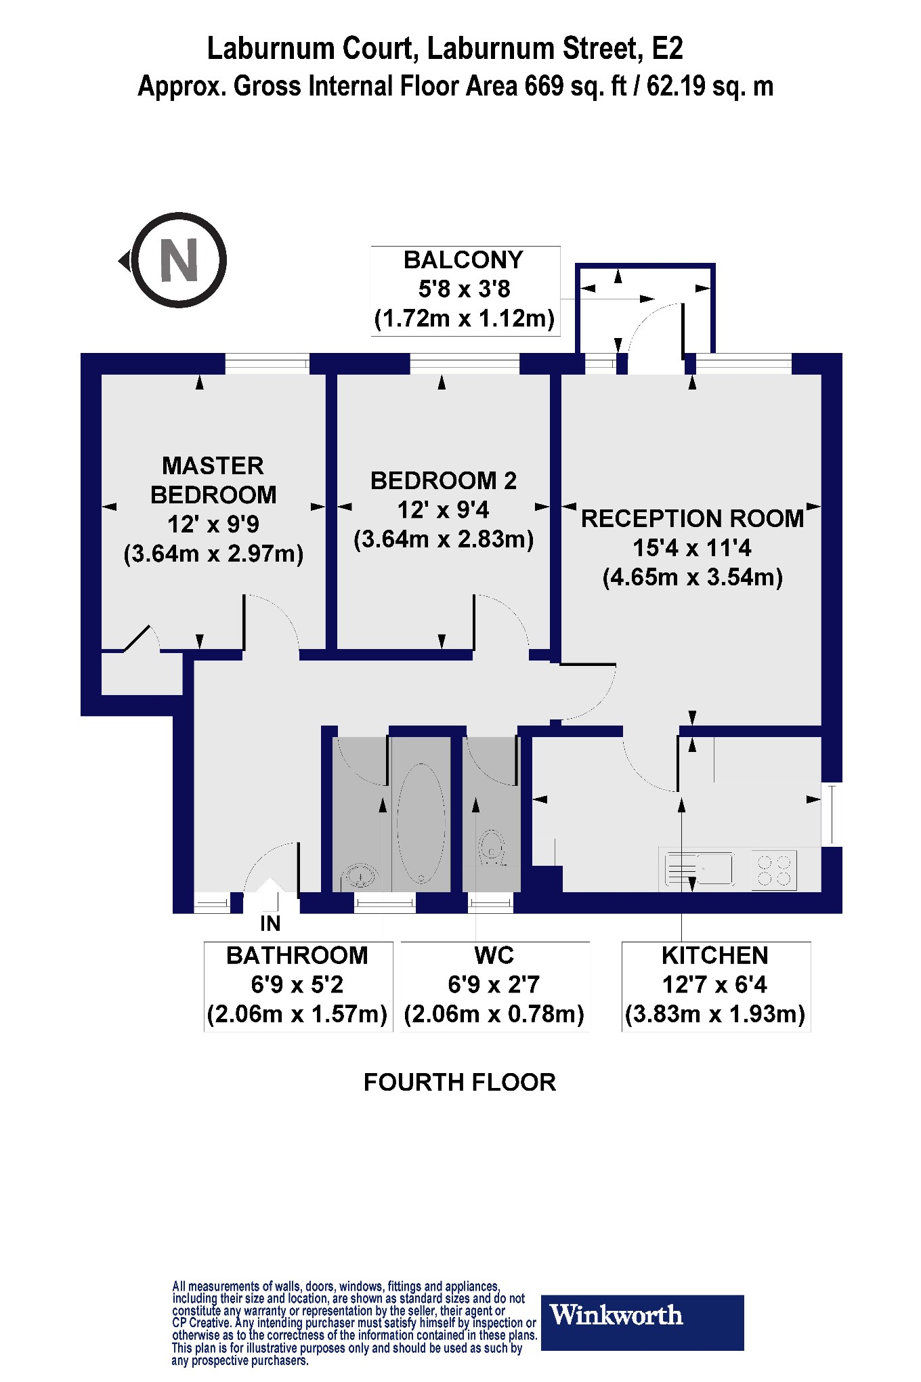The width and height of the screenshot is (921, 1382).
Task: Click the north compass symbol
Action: (178, 261)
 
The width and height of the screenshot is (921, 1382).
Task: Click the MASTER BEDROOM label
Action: (213, 480)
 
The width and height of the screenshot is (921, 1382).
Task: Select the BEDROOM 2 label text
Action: (444, 481)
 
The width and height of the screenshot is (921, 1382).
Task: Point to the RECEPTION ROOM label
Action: (692, 519)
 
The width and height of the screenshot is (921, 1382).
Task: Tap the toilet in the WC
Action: (492, 847)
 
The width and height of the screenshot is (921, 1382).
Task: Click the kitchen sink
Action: (700, 869)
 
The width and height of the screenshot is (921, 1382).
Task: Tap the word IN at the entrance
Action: (270, 924)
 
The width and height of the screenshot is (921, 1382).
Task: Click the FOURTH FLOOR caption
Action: (460, 1083)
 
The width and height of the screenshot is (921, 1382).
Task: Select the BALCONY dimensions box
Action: (465, 290)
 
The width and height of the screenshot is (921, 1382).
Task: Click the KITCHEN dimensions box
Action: (715, 986)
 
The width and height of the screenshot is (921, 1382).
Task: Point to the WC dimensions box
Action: (494, 986)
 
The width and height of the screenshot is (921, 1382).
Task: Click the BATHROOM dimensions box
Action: (297, 986)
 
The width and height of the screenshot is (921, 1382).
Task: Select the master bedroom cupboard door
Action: (137, 638)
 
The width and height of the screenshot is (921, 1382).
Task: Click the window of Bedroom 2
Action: (465, 364)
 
